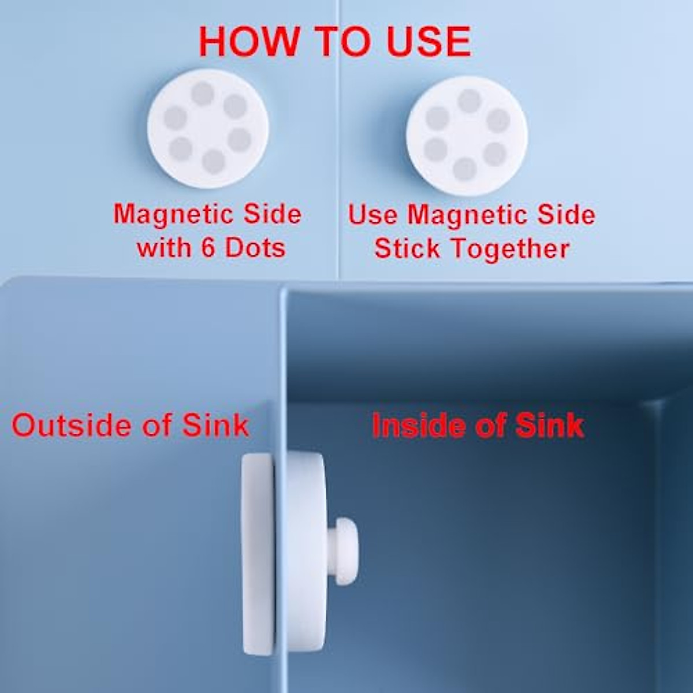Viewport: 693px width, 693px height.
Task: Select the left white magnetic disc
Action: [208, 128]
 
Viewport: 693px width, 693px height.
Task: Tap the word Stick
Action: [407, 249]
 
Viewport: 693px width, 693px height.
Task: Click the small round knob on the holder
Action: [345, 543]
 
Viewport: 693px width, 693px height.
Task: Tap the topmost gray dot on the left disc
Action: [203, 93]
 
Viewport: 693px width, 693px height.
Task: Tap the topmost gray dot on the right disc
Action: [469, 100]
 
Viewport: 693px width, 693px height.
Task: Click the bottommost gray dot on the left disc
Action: [213, 162]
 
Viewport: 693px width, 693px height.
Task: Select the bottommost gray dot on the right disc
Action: [464, 169]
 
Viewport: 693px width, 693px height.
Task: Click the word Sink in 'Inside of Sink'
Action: [549, 426]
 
